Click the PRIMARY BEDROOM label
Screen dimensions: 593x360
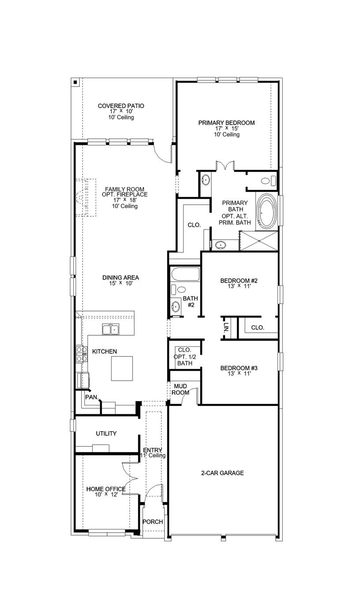click(x=226, y=123)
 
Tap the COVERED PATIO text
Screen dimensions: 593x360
click(x=121, y=106)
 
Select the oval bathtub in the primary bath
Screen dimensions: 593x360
click(x=267, y=211)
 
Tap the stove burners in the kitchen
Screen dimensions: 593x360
click(x=82, y=354)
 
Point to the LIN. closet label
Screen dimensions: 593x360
click(x=226, y=328)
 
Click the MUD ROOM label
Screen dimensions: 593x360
click(x=180, y=389)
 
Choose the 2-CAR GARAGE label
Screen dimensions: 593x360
click(x=222, y=473)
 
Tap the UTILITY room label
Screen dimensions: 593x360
click(x=106, y=434)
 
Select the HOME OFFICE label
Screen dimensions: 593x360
click(x=106, y=489)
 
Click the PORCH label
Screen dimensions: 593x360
click(x=153, y=522)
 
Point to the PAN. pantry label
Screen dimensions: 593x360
click(x=91, y=397)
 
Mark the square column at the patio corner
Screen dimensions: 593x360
click(x=75, y=82)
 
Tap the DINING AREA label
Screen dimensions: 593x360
click(x=121, y=278)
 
